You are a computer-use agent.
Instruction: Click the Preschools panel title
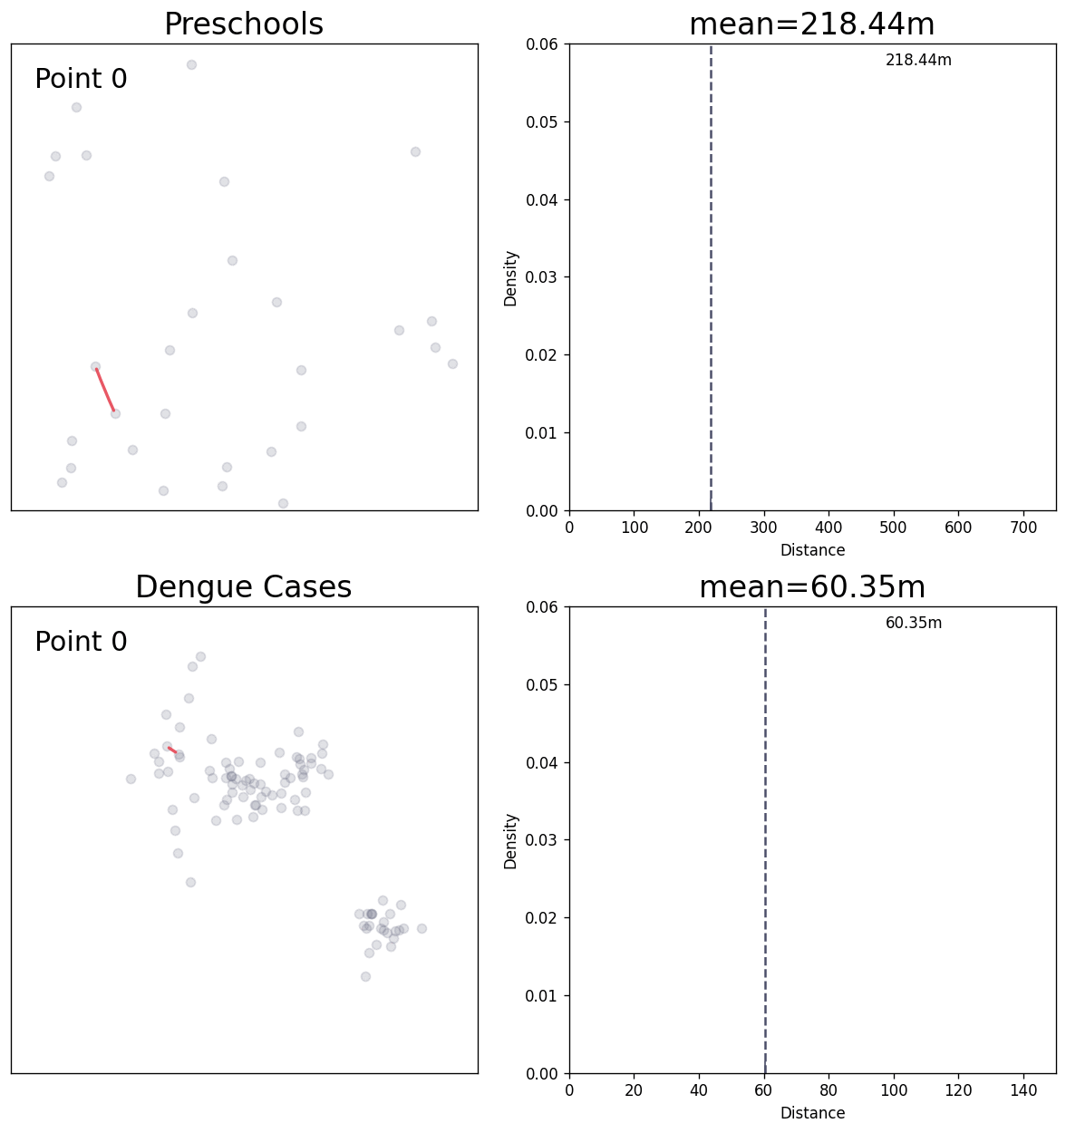[244, 24]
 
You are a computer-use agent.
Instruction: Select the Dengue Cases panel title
[244, 587]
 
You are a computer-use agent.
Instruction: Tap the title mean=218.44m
[811, 24]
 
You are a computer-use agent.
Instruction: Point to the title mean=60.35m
[811, 587]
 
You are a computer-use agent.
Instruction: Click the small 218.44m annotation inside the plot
[918, 61]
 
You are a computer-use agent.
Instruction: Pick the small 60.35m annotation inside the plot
[913, 624]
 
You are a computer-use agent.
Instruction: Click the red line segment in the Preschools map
[105, 390]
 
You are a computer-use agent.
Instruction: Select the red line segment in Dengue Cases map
[172, 750]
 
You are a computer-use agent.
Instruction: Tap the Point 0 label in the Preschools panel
[81, 80]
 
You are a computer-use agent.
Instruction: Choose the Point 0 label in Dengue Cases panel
[81, 642]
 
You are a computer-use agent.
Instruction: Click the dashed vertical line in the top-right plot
[711, 272]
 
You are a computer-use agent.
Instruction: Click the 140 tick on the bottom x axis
[1023, 1090]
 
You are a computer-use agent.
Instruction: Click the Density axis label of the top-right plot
[511, 277]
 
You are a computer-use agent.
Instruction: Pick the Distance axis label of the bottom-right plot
[812, 1113]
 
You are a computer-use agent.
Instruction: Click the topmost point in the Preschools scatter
[191, 64]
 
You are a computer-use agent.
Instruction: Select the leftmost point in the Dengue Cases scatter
[131, 779]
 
